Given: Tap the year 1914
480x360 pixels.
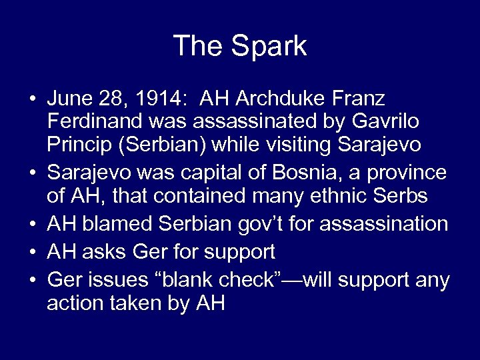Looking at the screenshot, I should [151, 99].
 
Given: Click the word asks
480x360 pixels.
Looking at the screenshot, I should [101, 251].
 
